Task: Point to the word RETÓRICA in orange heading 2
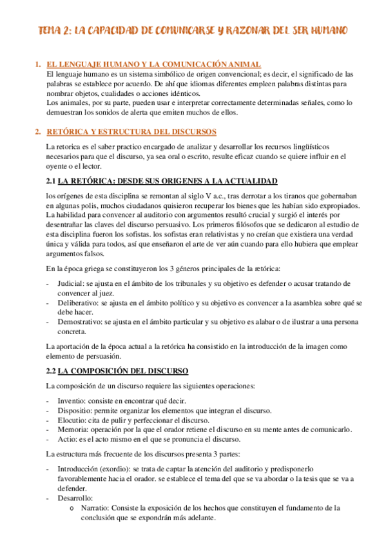point(69,132)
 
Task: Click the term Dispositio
point(74,410)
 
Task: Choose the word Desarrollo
point(75,498)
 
